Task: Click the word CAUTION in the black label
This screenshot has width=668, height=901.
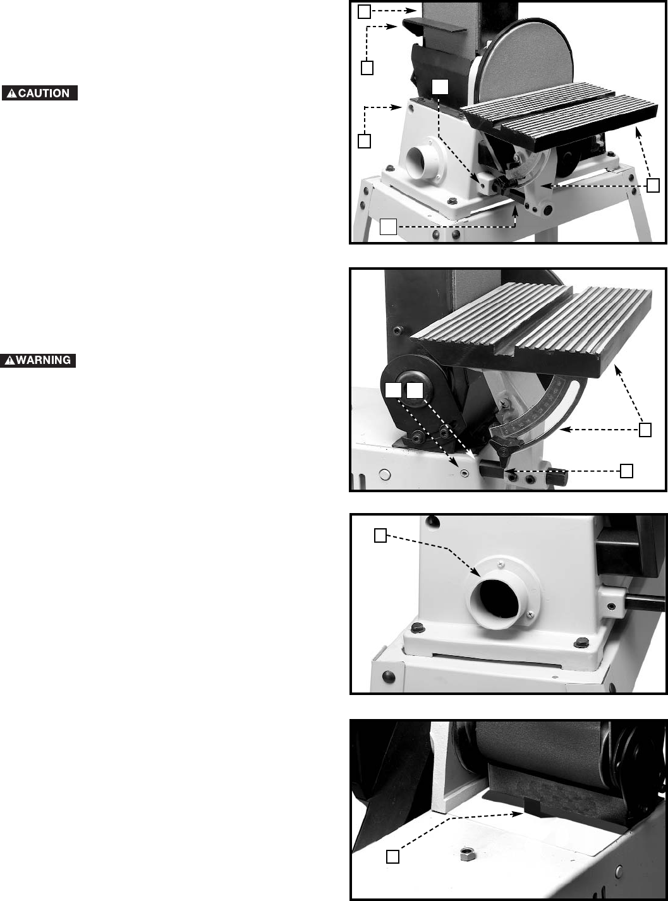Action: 44,94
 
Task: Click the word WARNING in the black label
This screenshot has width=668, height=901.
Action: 43,360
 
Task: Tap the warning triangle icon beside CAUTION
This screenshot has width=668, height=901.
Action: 12,94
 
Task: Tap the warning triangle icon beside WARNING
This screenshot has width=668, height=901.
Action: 9,360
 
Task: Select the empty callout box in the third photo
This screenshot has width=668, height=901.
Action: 380,535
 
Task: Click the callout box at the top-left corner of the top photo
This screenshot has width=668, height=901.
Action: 364,12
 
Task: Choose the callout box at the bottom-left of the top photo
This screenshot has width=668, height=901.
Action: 388,227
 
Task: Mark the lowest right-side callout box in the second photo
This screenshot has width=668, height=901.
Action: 626,471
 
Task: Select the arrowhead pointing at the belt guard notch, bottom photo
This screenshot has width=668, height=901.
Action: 518,814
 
